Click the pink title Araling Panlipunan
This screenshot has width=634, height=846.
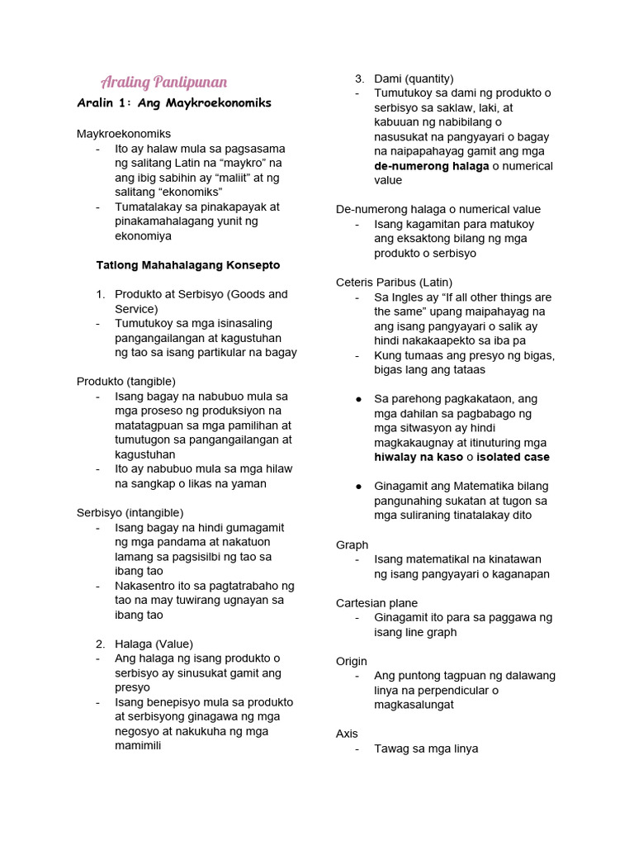163,82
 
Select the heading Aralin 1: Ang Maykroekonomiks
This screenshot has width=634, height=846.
174,103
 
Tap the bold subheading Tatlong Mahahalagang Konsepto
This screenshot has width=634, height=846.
188,265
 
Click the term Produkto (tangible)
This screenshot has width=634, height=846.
126,382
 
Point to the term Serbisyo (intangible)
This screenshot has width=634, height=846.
130,513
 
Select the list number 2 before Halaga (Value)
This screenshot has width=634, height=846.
100,644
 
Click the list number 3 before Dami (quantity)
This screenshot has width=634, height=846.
359,78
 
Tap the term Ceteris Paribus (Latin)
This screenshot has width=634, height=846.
394,283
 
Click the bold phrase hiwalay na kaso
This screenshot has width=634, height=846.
419,457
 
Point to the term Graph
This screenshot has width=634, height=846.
352,545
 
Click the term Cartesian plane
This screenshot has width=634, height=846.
376,603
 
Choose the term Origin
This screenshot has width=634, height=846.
351,662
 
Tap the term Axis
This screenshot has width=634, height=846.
347,734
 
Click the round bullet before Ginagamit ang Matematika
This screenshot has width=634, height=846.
359,486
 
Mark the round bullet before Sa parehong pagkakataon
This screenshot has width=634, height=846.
359,399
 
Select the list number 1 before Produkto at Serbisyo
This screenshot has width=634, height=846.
100,294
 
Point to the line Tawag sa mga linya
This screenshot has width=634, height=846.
426,749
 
